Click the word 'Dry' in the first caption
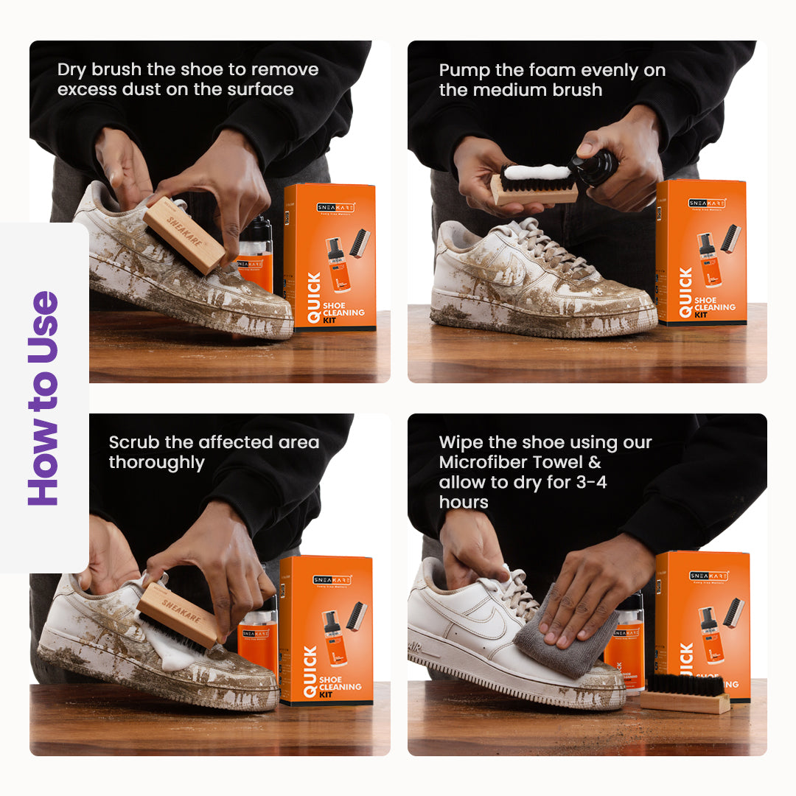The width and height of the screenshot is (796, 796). [x=71, y=70]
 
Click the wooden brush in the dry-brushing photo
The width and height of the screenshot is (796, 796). [x=184, y=235]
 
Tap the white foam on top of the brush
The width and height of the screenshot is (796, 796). [x=536, y=172]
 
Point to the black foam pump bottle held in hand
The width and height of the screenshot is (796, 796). [x=597, y=168]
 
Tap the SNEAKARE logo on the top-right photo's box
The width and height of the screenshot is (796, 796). [x=707, y=203]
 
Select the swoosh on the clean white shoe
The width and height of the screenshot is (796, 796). [x=486, y=623]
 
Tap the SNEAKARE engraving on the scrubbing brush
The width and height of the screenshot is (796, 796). [x=179, y=609]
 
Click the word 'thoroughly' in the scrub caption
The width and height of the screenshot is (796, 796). [x=156, y=463]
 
